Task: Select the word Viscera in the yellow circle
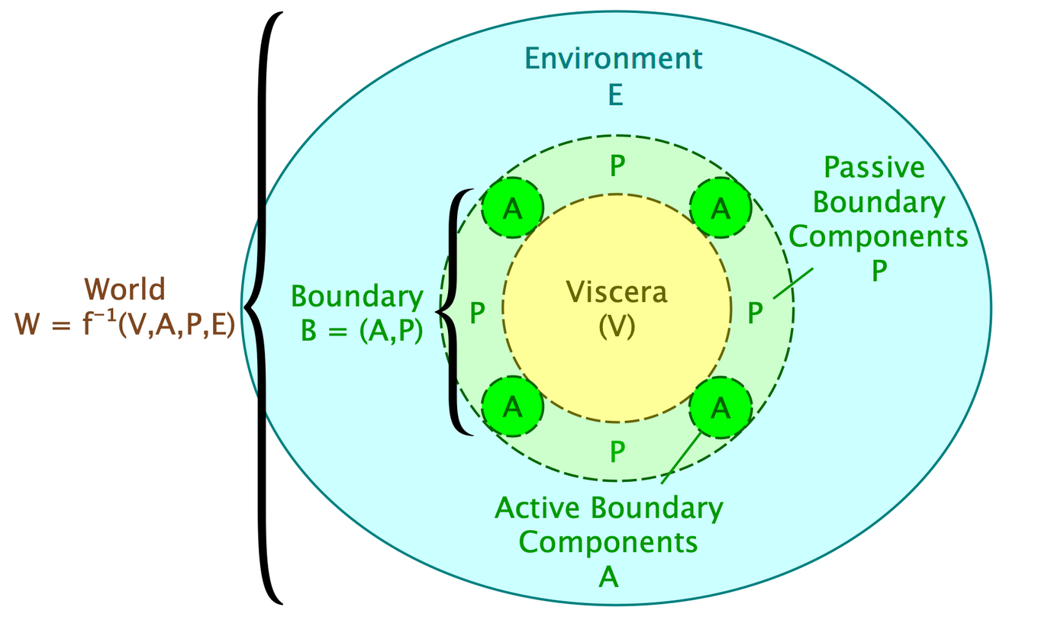coord(616,291)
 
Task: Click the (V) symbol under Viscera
coord(617,326)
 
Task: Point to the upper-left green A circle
coord(512,207)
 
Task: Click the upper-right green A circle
coord(720,207)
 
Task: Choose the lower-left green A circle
coord(512,408)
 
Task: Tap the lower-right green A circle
coord(720,408)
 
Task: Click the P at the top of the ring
coord(617,167)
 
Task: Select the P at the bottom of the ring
coord(617,451)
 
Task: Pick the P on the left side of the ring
coord(478,313)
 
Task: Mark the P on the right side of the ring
coord(754,311)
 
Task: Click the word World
coord(124,290)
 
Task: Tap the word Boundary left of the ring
coord(357,297)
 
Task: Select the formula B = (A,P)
coord(361,332)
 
